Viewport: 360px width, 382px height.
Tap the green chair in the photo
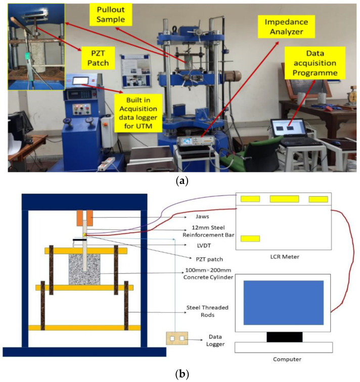[240, 144]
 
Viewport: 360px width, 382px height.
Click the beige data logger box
[176, 338]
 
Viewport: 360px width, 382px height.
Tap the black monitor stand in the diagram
[284, 336]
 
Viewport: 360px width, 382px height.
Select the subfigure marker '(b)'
[181, 374]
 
